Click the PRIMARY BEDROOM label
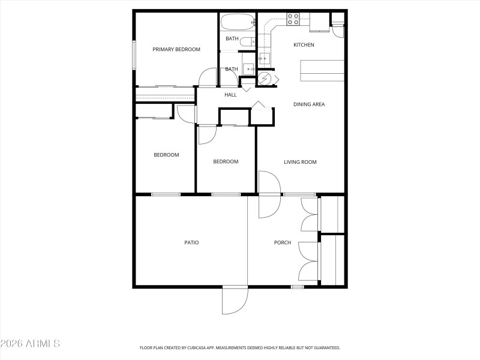pos(176,49)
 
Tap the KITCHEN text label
pos(303,45)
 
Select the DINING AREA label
pos(309,104)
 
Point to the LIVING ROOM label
pos(300,162)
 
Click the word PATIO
pos(191,242)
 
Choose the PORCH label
pos(283,242)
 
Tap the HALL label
pos(230,95)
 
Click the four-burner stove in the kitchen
pos(293,19)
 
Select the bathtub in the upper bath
pos(238,23)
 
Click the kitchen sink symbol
pos(263,59)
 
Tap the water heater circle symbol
pos(265,79)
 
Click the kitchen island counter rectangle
pos(322,70)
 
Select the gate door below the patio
pos(235,300)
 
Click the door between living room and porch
pos(269,195)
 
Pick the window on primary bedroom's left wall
pos(134,55)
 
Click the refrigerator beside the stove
pos(319,22)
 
